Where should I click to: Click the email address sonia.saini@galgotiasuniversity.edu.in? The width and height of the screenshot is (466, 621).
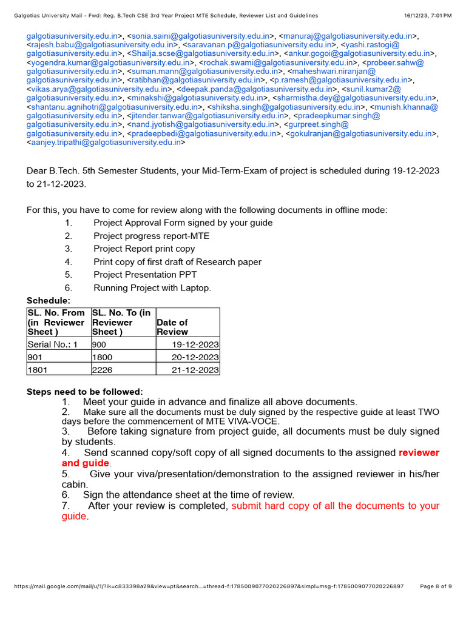pos(198,36)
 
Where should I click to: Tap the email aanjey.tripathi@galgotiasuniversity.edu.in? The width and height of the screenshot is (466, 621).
pos(105,143)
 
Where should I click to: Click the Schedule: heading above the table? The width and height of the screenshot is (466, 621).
pos(49,300)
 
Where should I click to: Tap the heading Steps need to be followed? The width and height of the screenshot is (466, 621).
pos(85,392)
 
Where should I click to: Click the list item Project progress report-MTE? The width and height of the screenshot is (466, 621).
pos(151,236)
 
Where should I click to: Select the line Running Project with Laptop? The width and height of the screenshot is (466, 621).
pos(152,288)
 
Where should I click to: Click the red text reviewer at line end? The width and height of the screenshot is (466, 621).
pos(419,453)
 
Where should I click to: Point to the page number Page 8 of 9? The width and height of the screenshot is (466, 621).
pos(436,586)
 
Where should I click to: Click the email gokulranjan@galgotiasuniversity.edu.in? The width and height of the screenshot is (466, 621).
pos(360,134)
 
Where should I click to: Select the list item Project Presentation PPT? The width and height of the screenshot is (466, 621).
pos(145,275)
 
